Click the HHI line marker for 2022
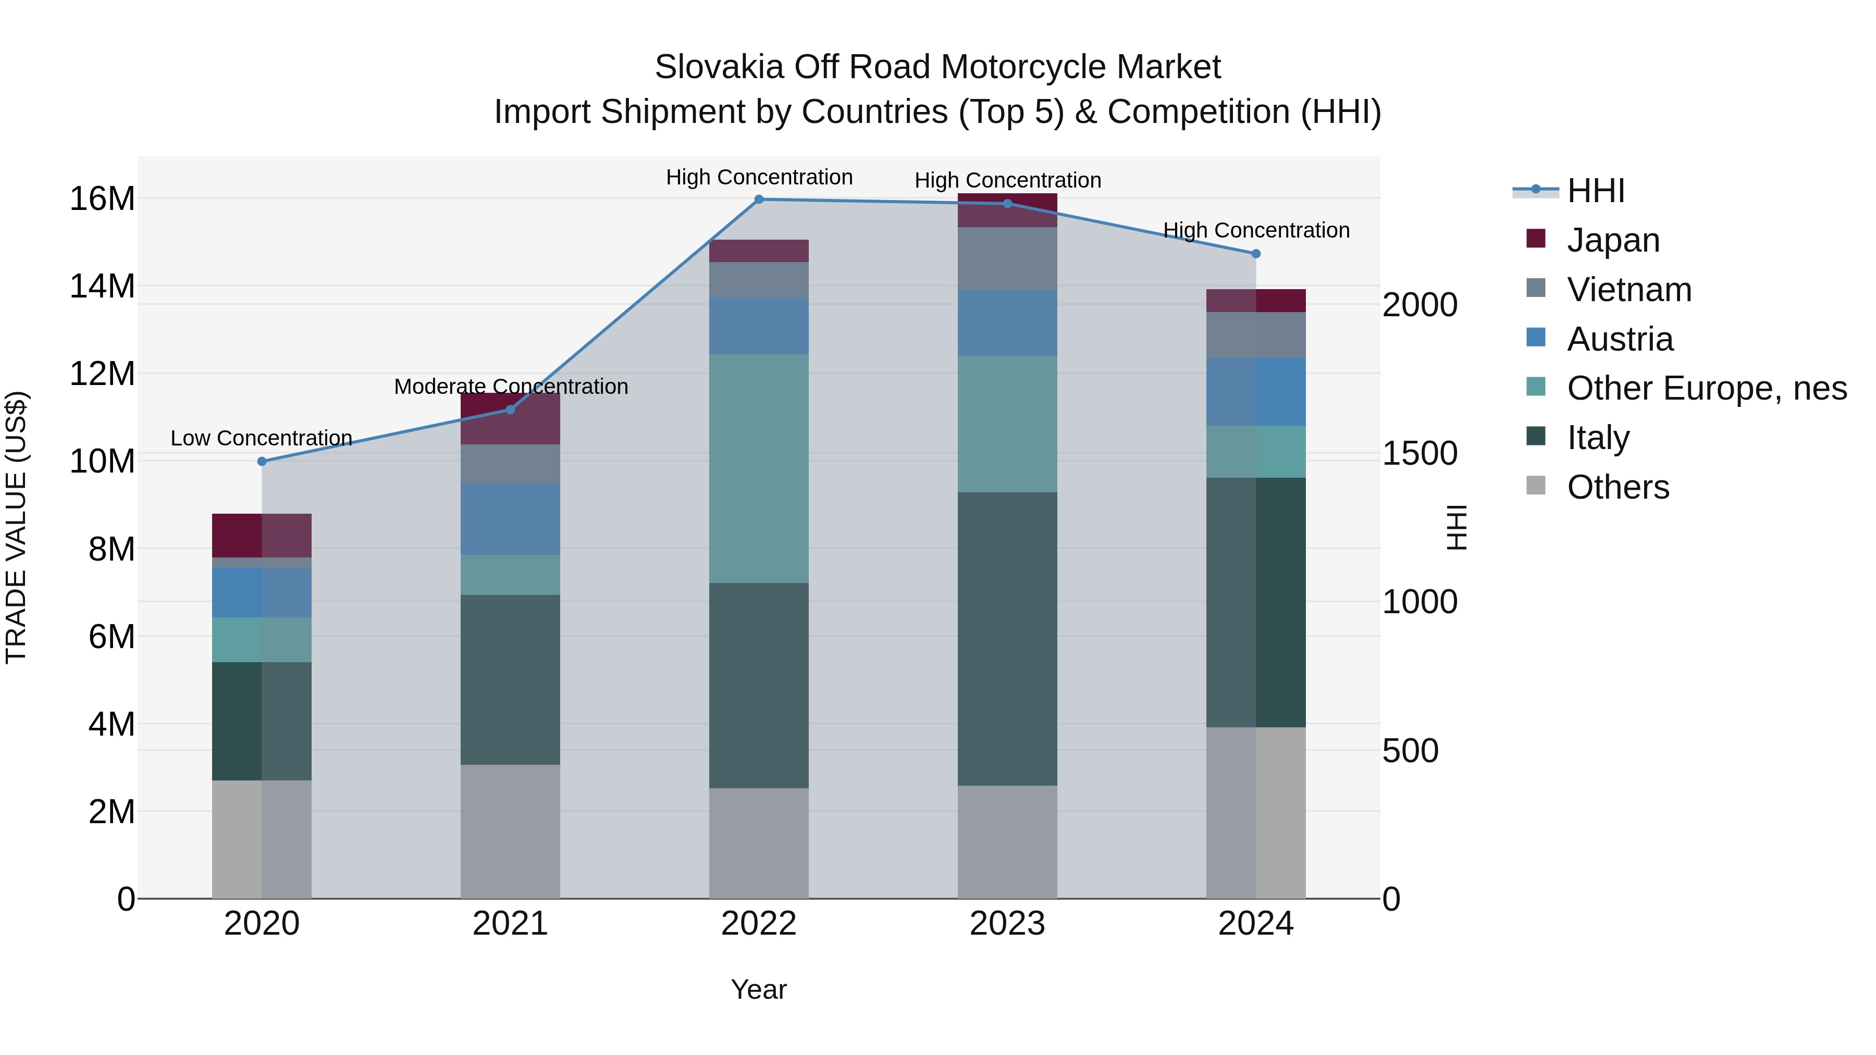point(759,200)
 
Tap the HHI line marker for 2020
point(262,462)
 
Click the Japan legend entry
point(1612,240)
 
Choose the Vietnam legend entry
point(1628,290)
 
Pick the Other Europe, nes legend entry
point(1706,388)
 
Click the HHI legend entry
point(1595,191)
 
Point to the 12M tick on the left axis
point(102,374)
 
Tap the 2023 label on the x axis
point(1007,924)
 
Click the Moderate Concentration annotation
point(511,387)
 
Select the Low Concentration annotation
point(262,438)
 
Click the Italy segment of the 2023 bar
point(1007,639)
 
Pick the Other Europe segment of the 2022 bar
point(759,468)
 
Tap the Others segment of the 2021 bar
point(511,831)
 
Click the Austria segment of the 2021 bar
point(511,519)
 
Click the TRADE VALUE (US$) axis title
point(16,527)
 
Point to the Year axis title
point(758,989)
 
